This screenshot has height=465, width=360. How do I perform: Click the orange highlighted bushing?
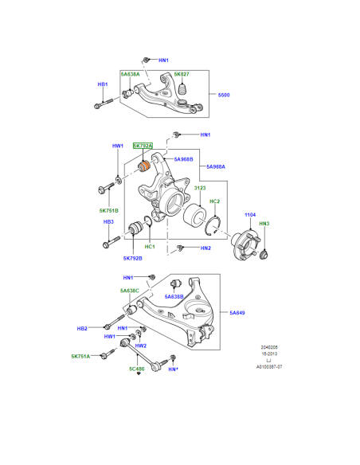tap(145, 166)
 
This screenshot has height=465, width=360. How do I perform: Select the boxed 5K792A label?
tap(143, 146)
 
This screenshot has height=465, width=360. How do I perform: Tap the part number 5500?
tap(224, 95)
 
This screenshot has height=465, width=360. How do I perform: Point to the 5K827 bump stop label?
tap(182, 74)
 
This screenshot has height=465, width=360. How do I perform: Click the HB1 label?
tap(103, 84)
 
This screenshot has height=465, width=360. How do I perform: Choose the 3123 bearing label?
tap(200, 188)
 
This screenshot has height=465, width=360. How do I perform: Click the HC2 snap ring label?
tap(215, 201)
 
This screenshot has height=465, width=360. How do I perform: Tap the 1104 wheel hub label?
tap(250, 215)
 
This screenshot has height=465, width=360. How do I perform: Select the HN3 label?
tap(264, 224)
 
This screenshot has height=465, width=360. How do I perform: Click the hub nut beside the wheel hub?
tap(264, 254)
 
